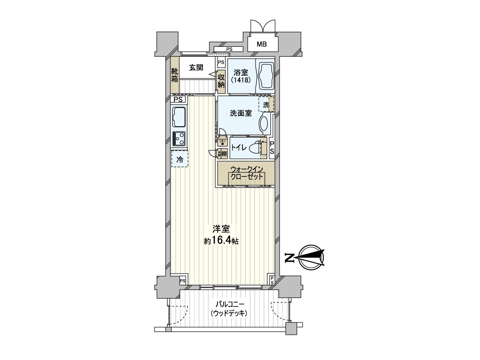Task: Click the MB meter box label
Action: (x=262, y=44)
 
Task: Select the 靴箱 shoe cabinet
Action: (x=175, y=75)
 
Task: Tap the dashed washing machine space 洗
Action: (x=266, y=105)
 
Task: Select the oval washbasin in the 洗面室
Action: (x=264, y=124)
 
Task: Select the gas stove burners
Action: (x=179, y=139)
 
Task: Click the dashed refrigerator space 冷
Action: (x=180, y=159)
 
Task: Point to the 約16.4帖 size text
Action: (x=221, y=241)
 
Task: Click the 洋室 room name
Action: (x=221, y=230)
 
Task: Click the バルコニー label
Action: (x=229, y=304)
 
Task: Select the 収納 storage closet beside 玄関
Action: (x=221, y=82)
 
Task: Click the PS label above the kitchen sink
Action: (x=178, y=99)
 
